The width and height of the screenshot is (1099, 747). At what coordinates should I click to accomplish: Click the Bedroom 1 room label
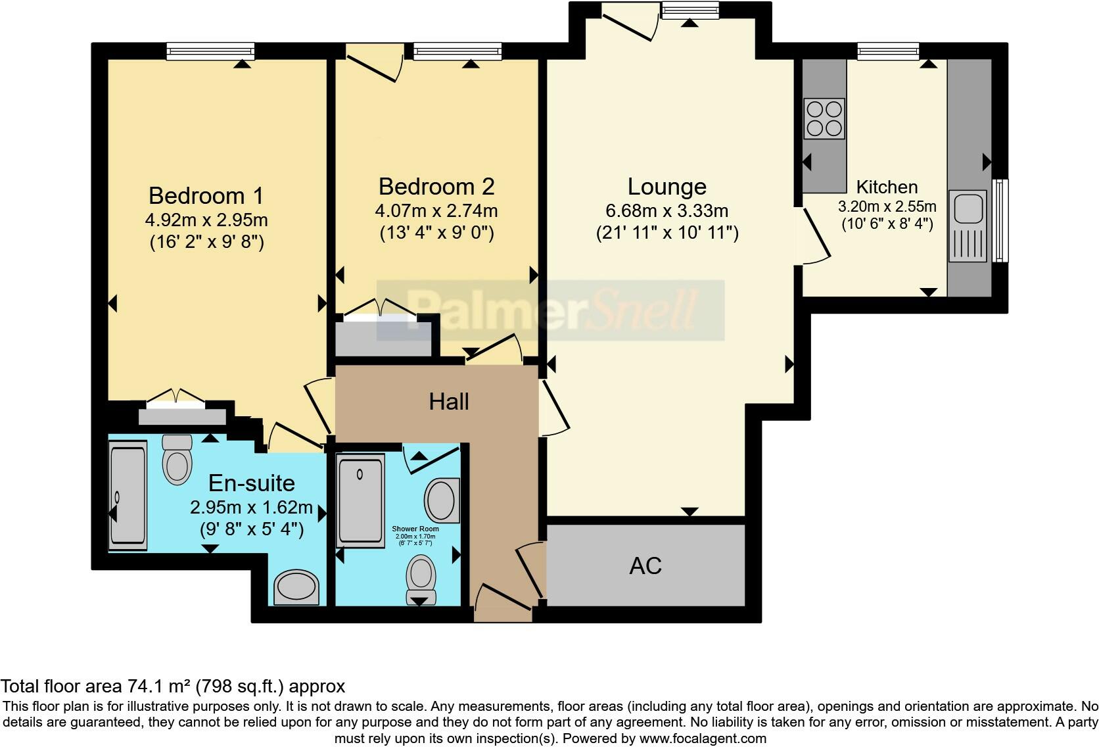click(x=206, y=195)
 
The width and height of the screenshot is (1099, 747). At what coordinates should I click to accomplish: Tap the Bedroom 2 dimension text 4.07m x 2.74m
click(x=436, y=211)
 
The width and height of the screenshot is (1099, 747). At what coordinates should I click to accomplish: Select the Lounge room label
click(x=666, y=187)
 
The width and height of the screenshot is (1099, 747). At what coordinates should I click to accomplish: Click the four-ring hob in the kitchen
click(x=824, y=118)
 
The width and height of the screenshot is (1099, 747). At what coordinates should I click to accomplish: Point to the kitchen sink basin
click(x=968, y=208)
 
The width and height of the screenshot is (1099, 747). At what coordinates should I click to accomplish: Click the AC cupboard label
click(x=645, y=566)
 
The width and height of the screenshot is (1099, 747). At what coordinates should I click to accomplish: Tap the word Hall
click(x=449, y=402)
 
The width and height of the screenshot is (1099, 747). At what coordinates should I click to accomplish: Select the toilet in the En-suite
click(x=177, y=460)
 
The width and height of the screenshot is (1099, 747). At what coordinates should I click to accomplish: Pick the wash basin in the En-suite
click(x=296, y=587)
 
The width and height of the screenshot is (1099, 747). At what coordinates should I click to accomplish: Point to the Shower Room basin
click(x=442, y=500)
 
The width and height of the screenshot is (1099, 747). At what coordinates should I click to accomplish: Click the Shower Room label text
click(x=415, y=529)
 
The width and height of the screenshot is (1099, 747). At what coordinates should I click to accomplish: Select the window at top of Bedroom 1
click(x=210, y=51)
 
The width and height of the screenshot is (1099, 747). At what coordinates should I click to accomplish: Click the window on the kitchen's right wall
click(x=1000, y=220)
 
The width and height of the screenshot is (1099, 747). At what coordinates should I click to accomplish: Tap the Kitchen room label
click(x=887, y=187)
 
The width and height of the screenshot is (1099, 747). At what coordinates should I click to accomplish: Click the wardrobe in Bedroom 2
click(x=384, y=337)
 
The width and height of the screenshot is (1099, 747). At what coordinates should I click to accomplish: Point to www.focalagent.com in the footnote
click(x=702, y=738)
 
